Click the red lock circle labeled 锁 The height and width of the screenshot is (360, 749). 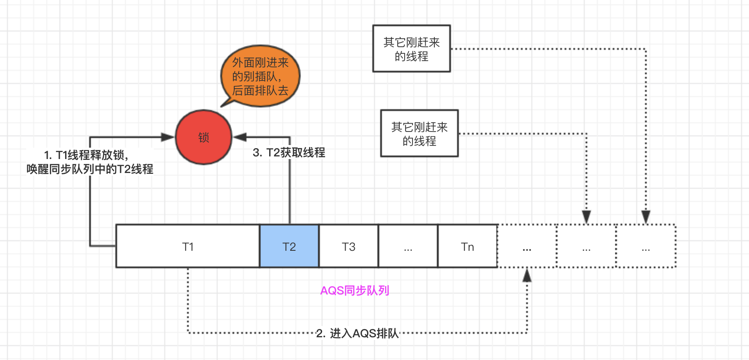204,137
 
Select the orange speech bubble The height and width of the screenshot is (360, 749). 260,76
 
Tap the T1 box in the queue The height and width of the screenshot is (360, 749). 188,246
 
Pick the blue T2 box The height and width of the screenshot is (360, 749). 289,246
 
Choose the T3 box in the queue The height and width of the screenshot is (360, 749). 349,246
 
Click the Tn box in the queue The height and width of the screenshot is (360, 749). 468,246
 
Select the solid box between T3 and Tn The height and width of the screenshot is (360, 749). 408,246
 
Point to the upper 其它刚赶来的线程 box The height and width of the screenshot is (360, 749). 411,48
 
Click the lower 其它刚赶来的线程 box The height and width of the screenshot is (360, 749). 419,133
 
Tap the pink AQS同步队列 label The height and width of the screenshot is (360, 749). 354,291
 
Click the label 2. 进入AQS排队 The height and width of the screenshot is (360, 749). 357,333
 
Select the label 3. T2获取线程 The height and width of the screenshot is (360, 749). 289,152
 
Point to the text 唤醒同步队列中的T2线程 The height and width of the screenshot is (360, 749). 90,169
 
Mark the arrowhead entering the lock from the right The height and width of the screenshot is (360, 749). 240,137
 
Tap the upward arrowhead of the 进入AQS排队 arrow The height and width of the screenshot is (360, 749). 527,275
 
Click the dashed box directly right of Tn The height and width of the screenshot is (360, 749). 527,246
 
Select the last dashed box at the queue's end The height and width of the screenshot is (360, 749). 646,246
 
